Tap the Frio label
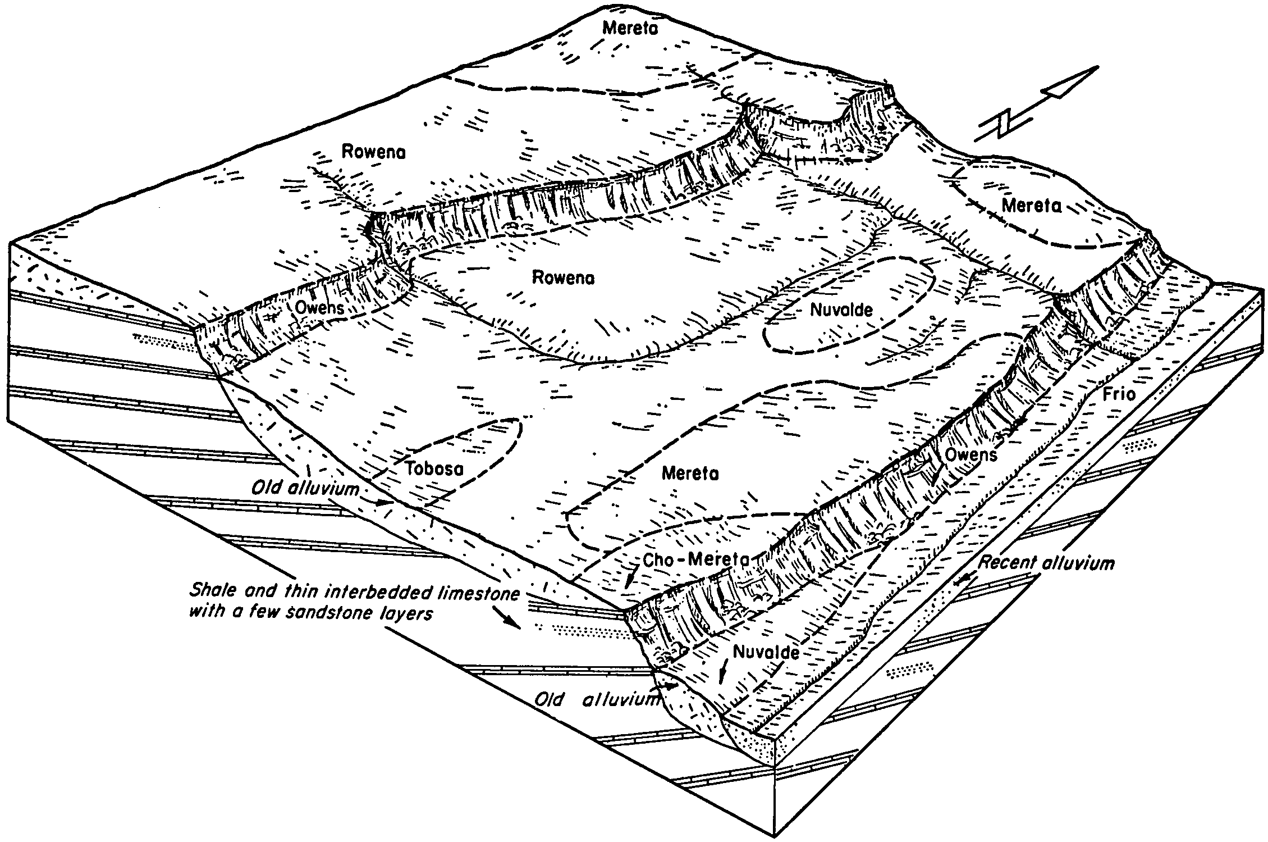(1119, 394)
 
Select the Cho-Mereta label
(696, 559)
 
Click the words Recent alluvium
(1046, 563)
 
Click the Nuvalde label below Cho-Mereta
(766, 652)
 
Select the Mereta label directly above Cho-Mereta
(690, 474)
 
